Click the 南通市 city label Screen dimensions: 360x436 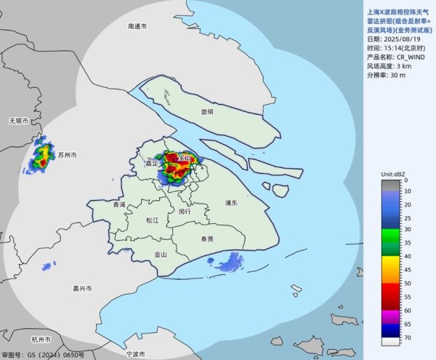[137, 26]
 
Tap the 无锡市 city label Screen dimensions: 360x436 [18, 119]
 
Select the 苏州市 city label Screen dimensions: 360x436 [68, 156]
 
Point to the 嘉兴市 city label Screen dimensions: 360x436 [82, 289]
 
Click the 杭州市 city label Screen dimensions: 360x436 [41, 340]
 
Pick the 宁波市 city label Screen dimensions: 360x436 [136, 353]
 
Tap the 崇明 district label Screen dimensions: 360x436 [207, 112]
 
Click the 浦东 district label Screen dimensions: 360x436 [233, 204]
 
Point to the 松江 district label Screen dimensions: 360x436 [152, 220]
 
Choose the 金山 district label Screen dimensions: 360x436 [161, 255]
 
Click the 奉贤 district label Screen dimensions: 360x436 [206, 239]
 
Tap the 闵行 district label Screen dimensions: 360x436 [185, 211]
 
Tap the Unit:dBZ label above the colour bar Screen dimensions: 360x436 [395, 175]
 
